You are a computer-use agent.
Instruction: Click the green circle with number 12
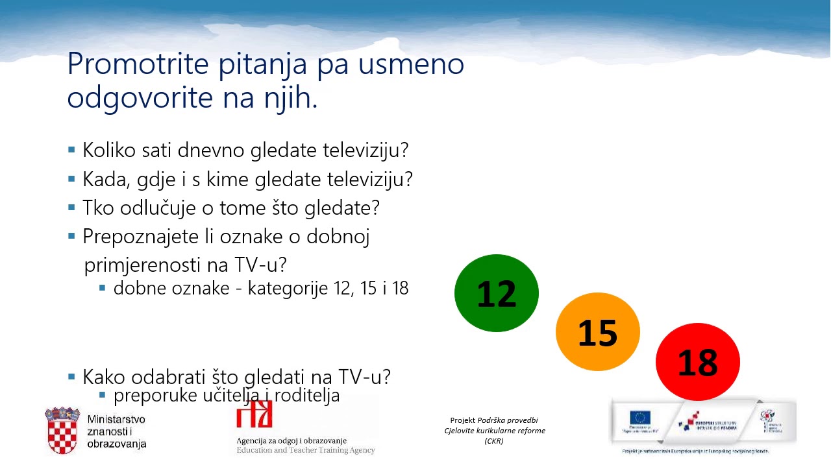click(x=497, y=293)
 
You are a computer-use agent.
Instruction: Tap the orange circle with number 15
click(x=597, y=332)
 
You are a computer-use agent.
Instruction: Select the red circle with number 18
click(x=698, y=362)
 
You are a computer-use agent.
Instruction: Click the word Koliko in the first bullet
click(x=109, y=150)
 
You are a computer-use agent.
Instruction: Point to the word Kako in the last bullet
click(x=105, y=377)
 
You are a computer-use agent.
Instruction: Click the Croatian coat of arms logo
click(x=62, y=431)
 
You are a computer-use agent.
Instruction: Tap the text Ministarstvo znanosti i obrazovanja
click(x=116, y=431)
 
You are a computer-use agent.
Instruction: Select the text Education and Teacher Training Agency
click(x=305, y=450)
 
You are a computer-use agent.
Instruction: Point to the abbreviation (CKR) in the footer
click(x=494, y=441)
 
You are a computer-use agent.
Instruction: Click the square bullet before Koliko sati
click(x=71, y=150)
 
